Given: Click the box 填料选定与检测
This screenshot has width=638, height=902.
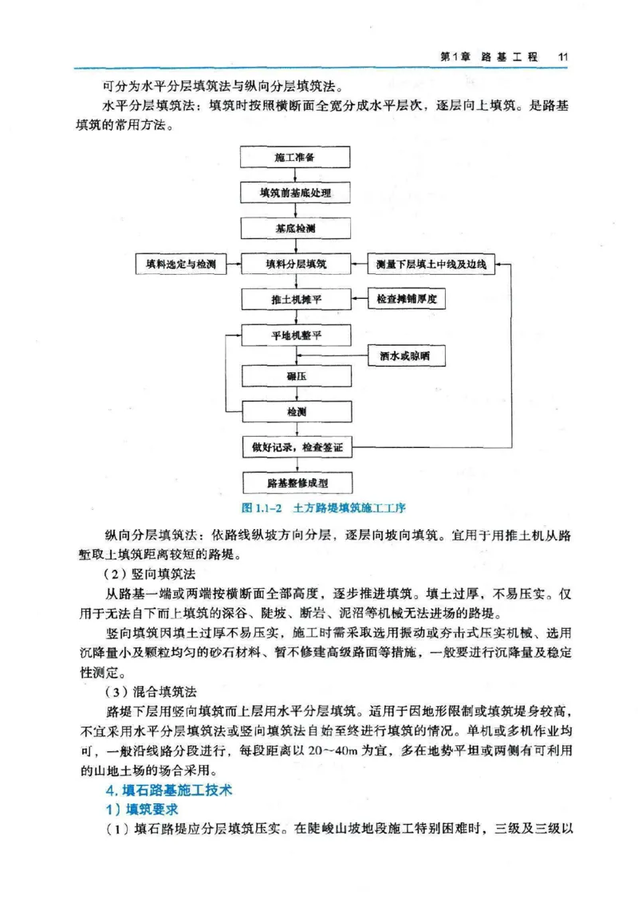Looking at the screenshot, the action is tap(180, 264).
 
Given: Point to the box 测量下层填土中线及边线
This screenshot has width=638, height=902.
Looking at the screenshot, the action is tap(431, 264).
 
